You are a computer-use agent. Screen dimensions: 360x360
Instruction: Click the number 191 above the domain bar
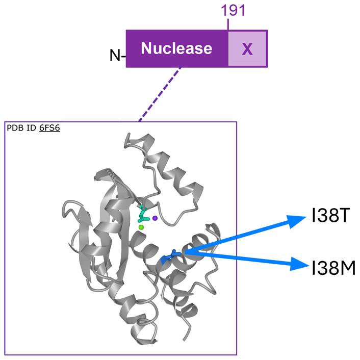233,11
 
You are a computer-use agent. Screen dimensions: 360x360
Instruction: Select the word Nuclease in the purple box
176,48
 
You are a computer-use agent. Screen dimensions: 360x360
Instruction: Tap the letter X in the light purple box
247,49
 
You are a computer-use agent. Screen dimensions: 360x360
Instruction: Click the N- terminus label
117,54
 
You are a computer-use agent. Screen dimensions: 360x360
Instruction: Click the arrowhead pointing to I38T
295,221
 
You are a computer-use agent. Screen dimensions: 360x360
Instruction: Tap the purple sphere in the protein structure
155,218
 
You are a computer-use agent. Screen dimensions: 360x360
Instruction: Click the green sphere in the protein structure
141,227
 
